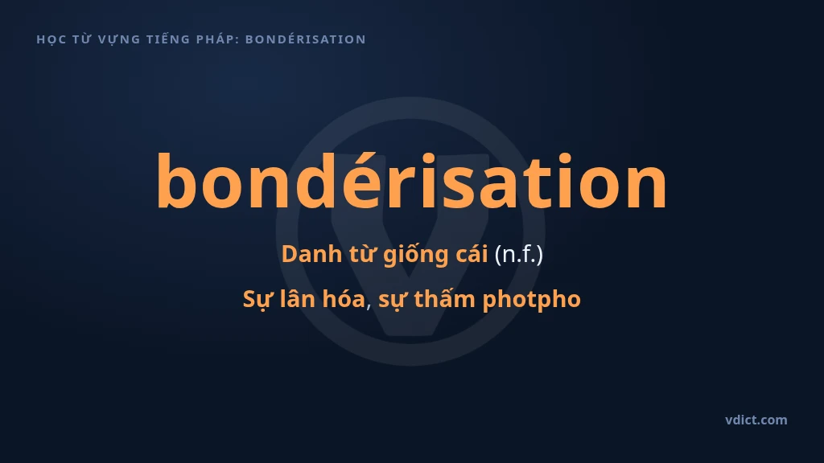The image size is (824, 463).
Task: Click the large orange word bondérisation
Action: tap(411, 181)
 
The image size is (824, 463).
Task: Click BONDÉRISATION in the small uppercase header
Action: tap(306, 39)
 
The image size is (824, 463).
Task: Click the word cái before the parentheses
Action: tap(472, 254)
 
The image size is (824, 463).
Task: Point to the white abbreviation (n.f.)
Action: tap(519, 255)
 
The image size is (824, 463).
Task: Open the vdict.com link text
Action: tap(756, 420)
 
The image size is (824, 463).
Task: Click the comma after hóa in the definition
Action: tap(369, 306)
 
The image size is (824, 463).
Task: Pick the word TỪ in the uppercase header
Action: tap(82, 39)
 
